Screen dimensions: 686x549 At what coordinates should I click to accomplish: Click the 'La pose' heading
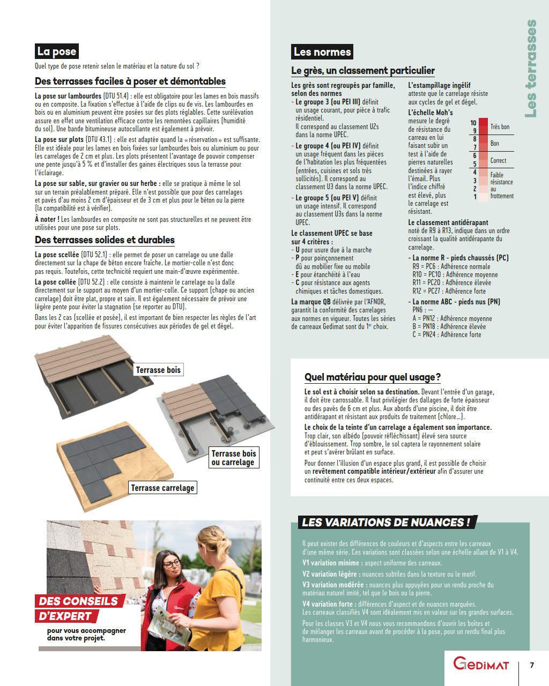point(57,51)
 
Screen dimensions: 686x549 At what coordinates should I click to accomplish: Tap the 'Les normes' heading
point(322,52)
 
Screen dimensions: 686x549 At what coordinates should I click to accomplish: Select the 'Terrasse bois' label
point(158,370)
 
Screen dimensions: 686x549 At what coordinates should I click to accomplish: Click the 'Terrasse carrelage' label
point(162,488)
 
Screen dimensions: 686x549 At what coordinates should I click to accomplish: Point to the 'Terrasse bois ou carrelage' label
point(234,458)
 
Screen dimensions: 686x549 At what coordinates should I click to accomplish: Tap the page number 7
point(532,665)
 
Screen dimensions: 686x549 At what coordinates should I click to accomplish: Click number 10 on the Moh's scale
point(473,123)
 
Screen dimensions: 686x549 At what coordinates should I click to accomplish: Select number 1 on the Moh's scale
point(475,197)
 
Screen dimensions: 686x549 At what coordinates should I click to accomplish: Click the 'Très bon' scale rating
point(500,127)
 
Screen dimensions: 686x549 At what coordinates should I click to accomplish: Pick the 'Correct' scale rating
point(498,161)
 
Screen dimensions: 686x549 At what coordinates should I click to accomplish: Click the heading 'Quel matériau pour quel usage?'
point(373,377)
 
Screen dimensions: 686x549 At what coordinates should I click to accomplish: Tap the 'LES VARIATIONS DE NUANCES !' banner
point(386,523)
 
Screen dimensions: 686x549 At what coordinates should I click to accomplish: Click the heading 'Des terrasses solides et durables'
point(105,240)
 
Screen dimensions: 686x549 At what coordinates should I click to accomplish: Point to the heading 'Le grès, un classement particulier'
point(363,71)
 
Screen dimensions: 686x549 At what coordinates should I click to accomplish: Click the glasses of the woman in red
point(171,564)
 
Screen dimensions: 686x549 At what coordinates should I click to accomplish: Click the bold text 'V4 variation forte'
point(327,604)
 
